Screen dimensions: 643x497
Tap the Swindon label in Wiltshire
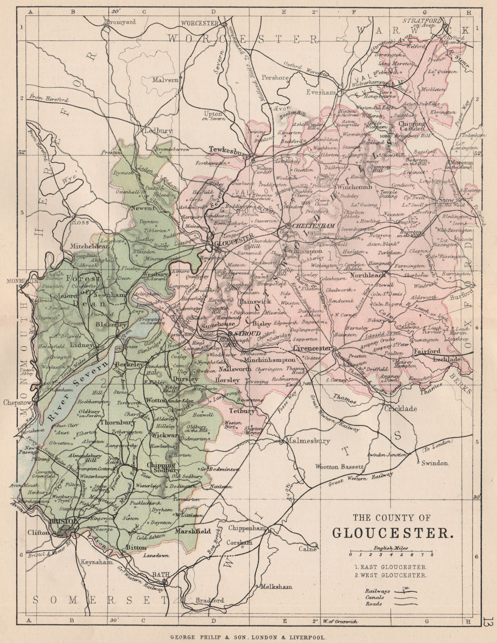tap(434, 463)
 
